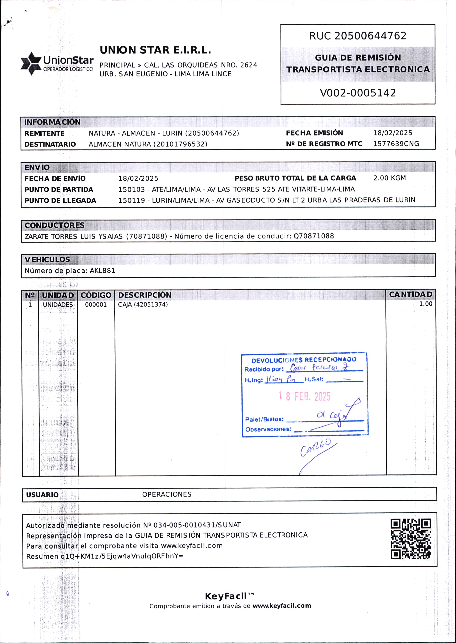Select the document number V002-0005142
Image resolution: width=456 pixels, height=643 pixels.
(358, 93)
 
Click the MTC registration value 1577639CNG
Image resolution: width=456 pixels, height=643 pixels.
(396, 144)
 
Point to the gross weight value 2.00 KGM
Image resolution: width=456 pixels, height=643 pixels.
(389, 178)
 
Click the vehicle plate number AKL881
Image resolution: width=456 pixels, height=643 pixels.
(102, 271)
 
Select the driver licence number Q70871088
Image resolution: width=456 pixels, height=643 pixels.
(314, 236)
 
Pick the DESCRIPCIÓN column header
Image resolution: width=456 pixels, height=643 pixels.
(145, 295)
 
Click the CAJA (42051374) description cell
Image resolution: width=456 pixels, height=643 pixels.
(143, 305)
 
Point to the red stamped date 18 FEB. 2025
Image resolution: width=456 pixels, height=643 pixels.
(305, 396)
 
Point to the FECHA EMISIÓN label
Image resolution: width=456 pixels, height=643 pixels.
(314, 133)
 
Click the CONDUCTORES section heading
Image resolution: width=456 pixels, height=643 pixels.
(54, 225)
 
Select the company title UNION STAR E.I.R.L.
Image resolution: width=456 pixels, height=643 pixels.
(155, 50)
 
